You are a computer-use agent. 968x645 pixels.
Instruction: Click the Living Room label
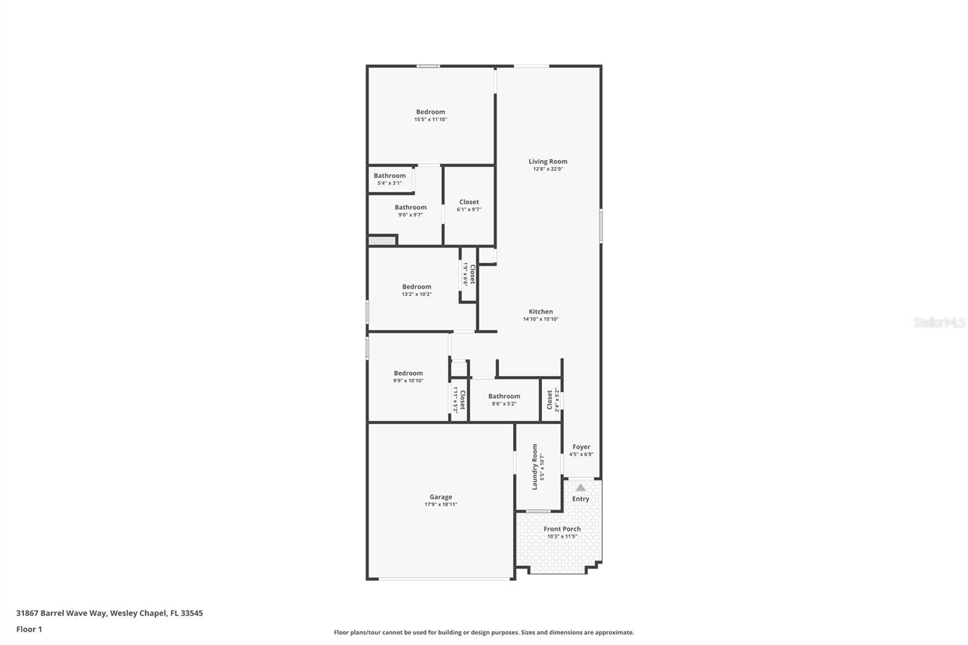pyautogui.click(x=548, y=162)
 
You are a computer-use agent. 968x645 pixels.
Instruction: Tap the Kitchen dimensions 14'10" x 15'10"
pyautogui.click(x=540, y=319)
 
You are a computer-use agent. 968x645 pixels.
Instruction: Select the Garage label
pyautogui.click(x=440, y=497)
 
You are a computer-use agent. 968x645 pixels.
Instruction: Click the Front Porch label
pyautogui.click(x=561, y=529)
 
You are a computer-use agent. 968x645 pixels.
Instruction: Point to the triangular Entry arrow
pyautogui.click(x=580, y=487)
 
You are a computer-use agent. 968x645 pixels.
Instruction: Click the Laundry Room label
pyautogui.click(x=535, y=467)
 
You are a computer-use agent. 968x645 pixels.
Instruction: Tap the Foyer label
pyautogui.click(x=581, y=447)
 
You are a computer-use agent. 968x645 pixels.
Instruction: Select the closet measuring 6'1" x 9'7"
pyautogui.click(x=469, y=205)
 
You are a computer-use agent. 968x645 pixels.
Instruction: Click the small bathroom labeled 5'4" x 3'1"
pyautogui.click(x=390, y=179)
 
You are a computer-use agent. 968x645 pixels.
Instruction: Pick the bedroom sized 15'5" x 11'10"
pyautogui.click(x=430, y=115)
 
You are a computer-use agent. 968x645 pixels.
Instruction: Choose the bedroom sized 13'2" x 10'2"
pyautogui.click(x=416, y=290)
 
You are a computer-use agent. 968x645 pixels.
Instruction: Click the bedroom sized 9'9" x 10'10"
pyautogui.click(x=408, y=376)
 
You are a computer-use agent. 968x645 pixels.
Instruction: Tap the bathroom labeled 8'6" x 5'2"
pyautogui.click(x=504, y=399)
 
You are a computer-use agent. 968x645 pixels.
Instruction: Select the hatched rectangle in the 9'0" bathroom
pyautogui.click(x=382, y=240)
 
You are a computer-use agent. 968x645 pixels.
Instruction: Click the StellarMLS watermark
pyautogui.click(x=939, y=322)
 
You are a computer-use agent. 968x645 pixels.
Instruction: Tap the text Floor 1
pyautogui.click(x=29, y=629)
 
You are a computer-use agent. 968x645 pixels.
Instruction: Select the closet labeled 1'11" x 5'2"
pyautogui.click(x=459, y=399)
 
